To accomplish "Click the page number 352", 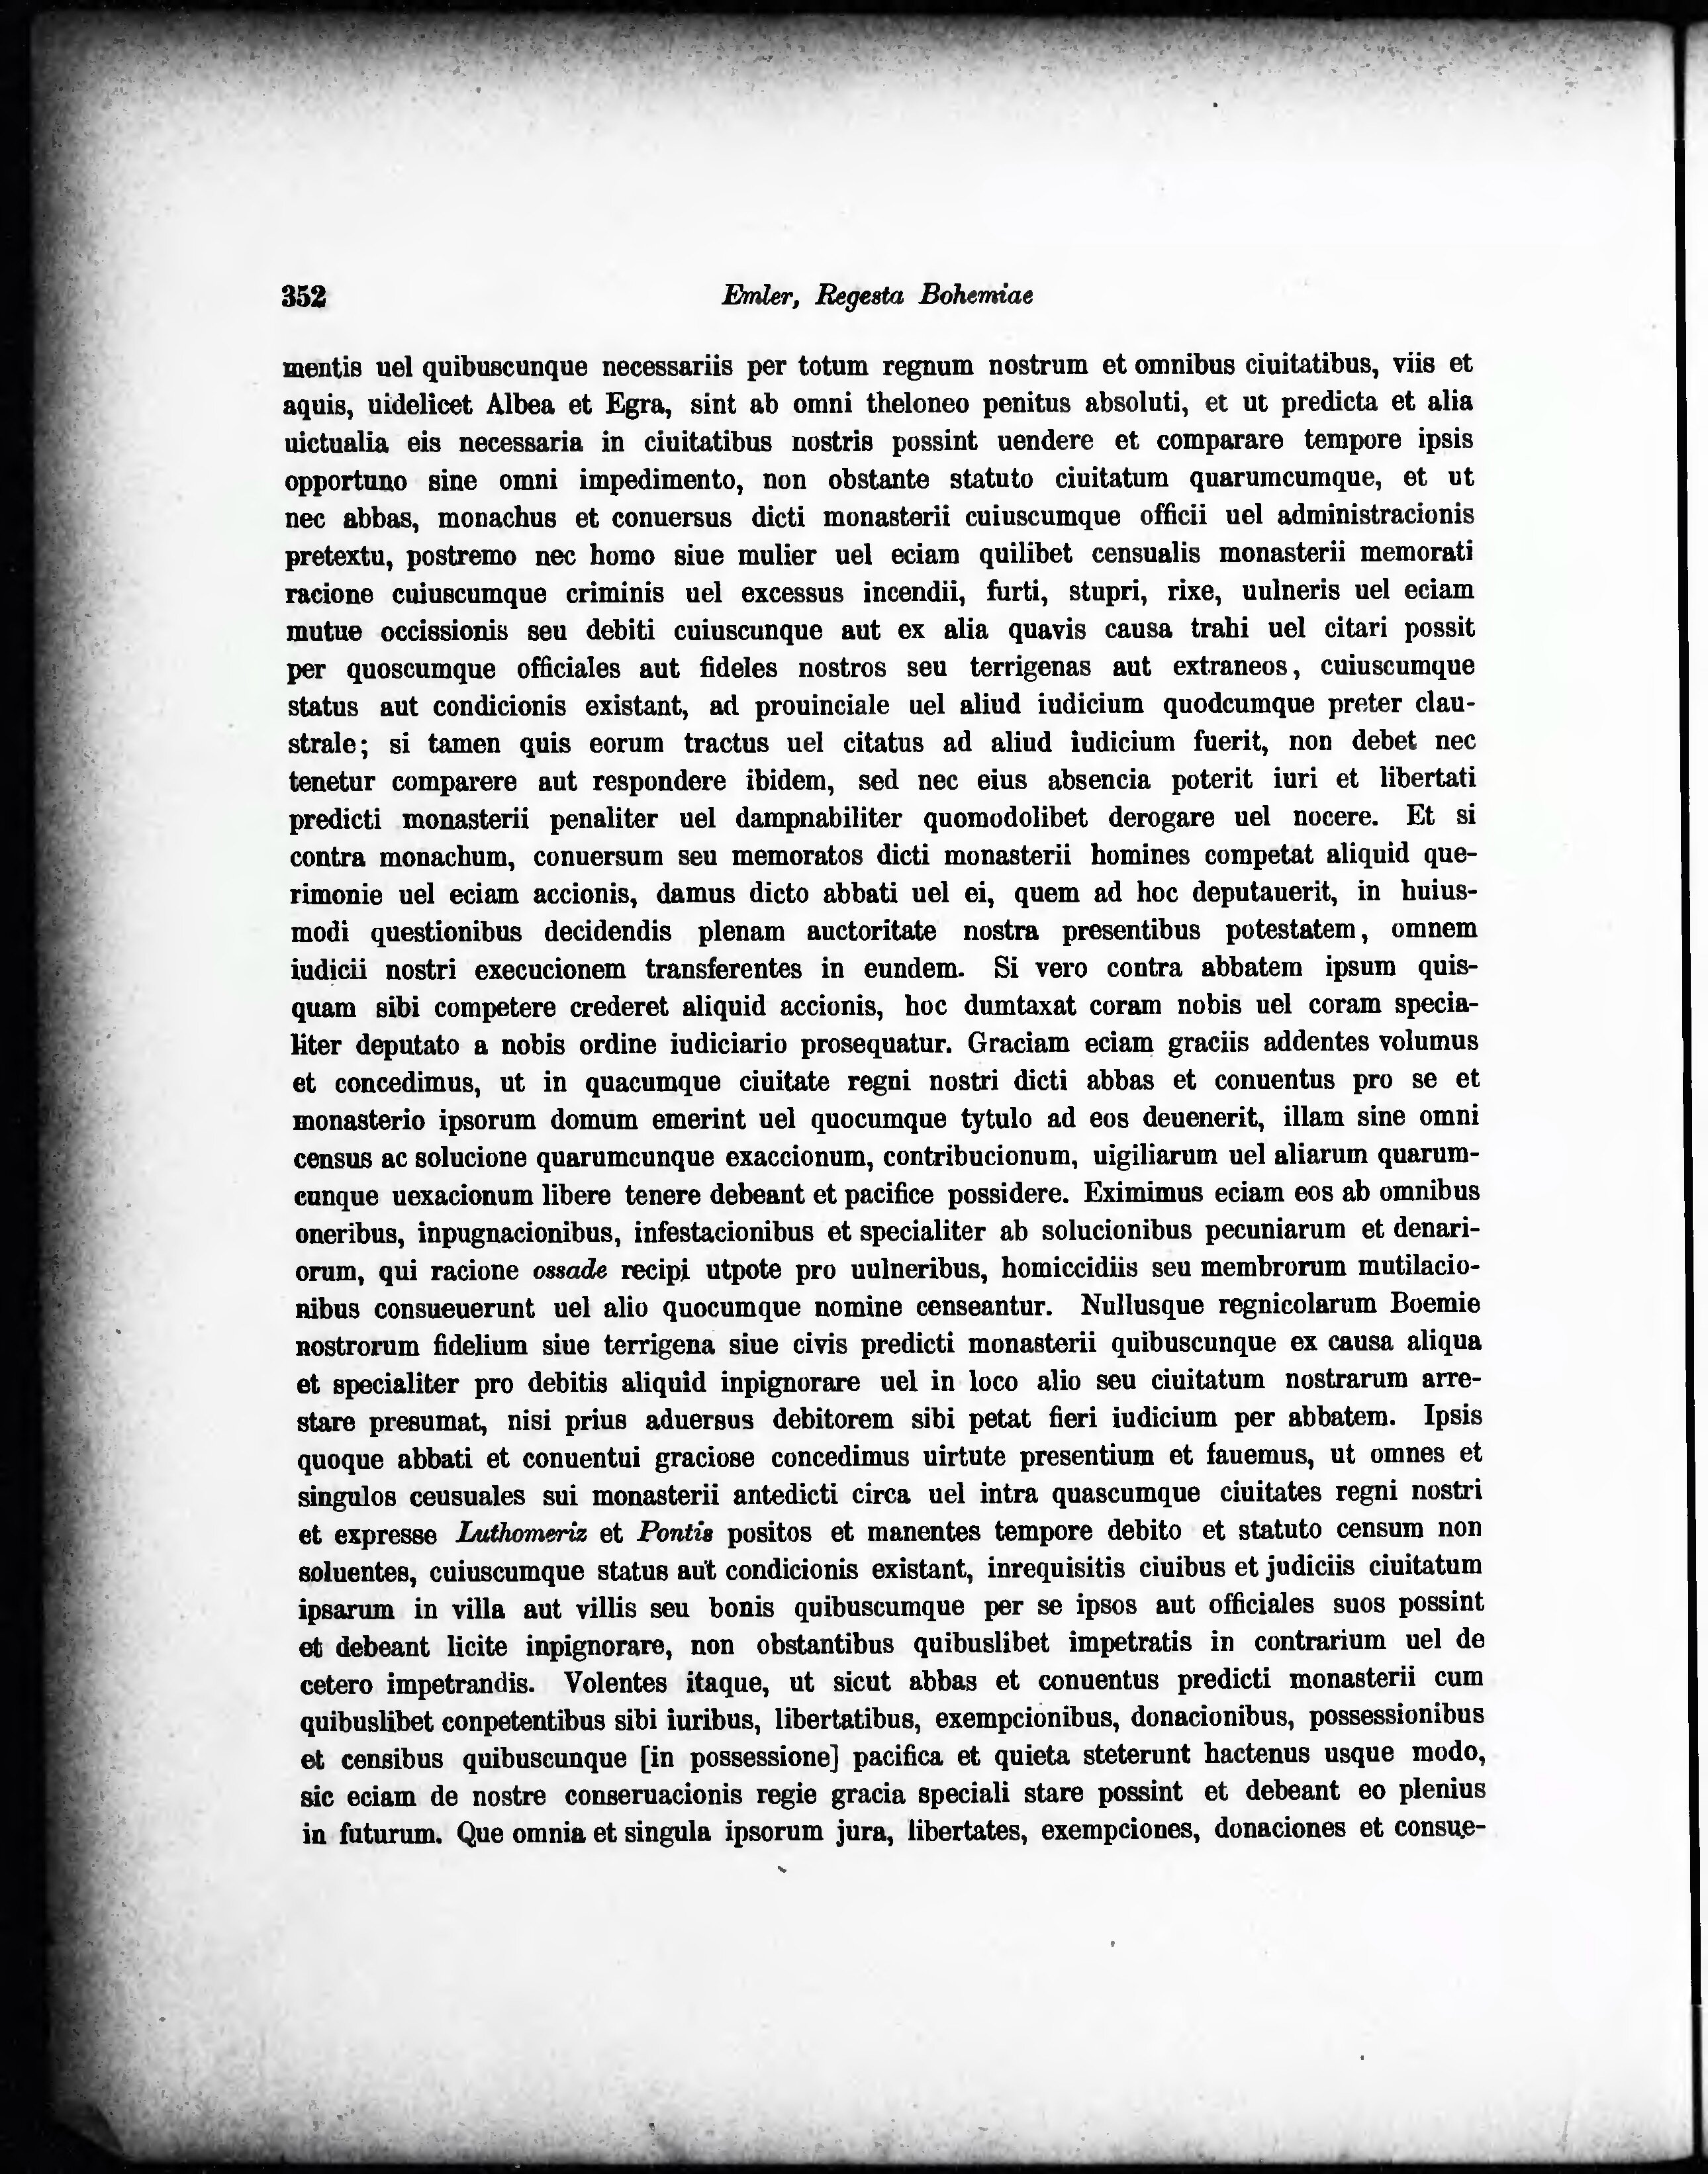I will (x=305, y=297).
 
